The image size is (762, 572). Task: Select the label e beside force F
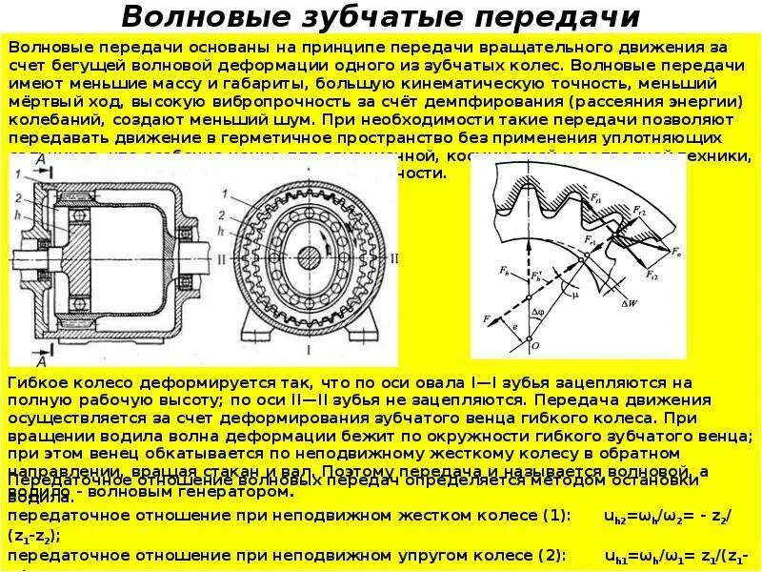(x=516, y=328)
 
